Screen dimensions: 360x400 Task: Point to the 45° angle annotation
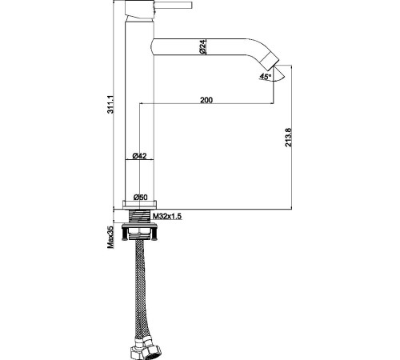(x=266, y=77)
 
